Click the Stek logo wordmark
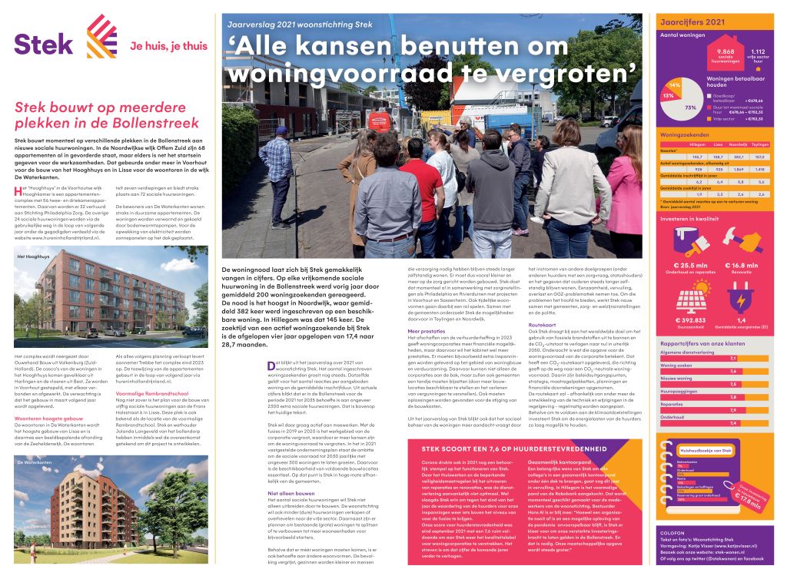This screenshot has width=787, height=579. [x=44, y=43]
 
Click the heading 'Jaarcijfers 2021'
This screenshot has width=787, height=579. [x=692, y=22]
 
